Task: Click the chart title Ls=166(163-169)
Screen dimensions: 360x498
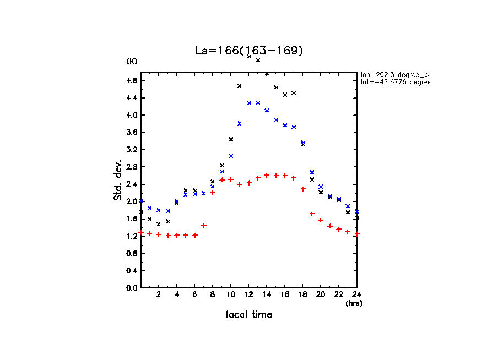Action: click(249, 51)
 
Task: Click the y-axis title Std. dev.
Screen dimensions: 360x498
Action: click(118, 180)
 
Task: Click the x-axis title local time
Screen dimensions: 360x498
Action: click(248, 314)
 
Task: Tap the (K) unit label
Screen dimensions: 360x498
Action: click(132, 61)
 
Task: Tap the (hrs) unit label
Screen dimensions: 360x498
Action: click(354, 303)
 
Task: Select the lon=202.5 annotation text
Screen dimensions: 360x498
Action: click(394, 74)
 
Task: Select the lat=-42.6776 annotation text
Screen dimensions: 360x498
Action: click(394, 82)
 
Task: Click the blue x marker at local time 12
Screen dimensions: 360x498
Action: click(249, 103)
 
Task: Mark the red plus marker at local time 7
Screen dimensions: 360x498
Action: click(204, 225)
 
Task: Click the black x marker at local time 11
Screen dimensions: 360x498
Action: click(240, 85)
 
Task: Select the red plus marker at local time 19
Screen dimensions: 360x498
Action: click(312, 214)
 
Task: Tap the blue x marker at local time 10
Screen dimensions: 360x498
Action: click(231, 156)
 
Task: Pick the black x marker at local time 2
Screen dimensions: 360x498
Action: click(159, 224)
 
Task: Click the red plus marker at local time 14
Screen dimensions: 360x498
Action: click(267, 175)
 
